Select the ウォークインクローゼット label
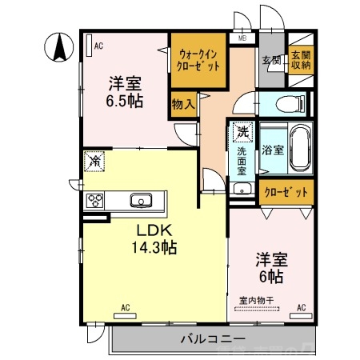coord(198,58)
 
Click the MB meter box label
coord(242,38)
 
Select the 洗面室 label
coord(242,160)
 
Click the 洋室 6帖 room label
coord(270,267)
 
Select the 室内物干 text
coord(256,301)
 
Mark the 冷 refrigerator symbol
coord(94,162)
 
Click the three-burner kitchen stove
coord(95,200)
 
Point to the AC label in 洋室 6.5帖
coord(98,46)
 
